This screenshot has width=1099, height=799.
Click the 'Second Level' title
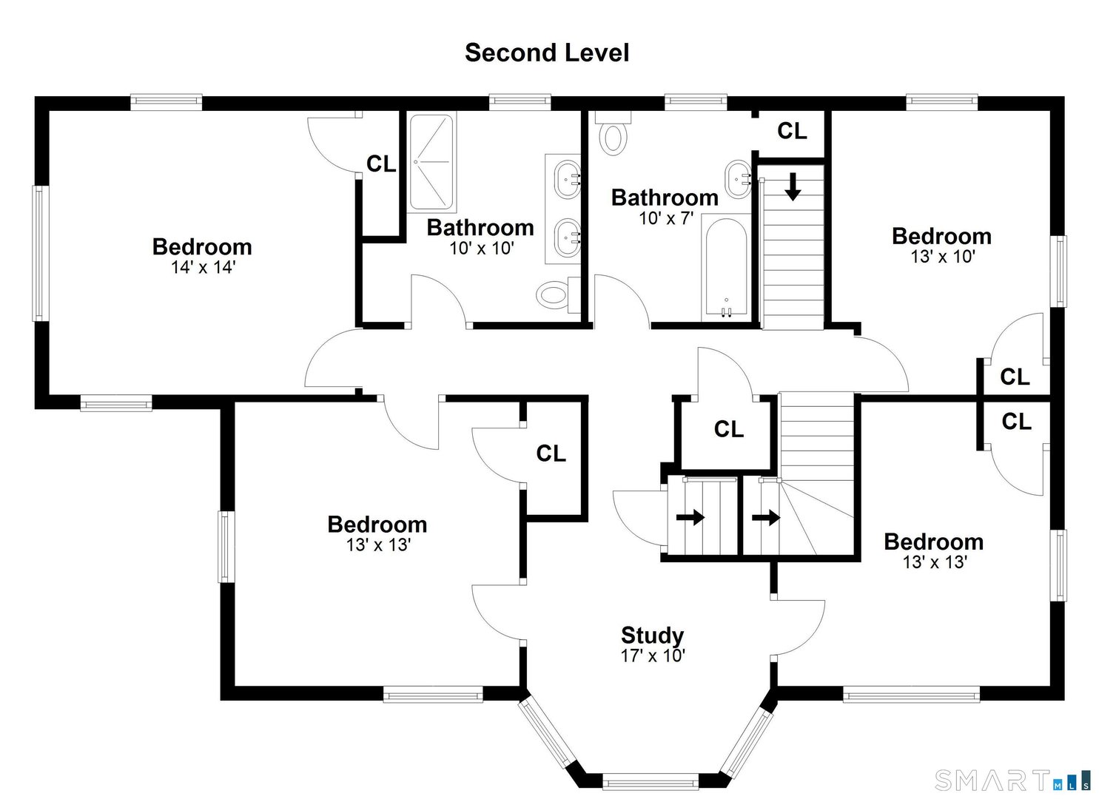[546, 53]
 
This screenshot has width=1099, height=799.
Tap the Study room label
[652, 635]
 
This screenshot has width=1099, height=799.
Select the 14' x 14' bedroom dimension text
[202, 267]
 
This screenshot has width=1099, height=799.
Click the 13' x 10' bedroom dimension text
[942, 256]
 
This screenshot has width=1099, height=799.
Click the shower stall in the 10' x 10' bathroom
[431, 162]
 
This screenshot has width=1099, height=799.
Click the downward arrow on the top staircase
[793, 186]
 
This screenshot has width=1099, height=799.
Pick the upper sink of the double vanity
[567, 178]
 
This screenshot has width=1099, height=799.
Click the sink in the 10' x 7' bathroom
[738, 178]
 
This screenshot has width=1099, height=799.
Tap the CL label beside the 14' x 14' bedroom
[381, 163]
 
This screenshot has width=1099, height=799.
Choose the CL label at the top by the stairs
[791, 131]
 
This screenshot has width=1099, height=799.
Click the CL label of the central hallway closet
[728, 428]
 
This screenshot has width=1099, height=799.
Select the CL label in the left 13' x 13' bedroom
[551, 453]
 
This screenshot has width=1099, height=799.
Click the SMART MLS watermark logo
[1012, 779]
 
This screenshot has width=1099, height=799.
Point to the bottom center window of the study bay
[650, 781]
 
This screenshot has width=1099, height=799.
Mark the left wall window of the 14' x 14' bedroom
[40, 253]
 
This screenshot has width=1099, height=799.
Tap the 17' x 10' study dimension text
[652, 655]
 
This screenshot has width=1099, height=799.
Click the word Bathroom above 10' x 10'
[480, 227]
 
